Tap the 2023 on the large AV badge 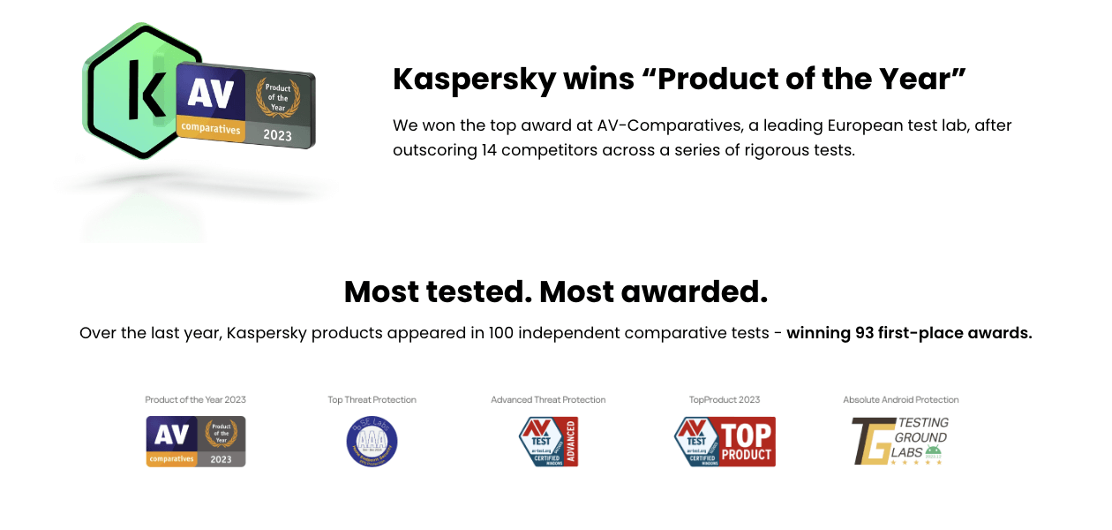277,136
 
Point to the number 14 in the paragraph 492,150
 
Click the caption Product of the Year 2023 196,400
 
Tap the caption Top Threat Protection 372,400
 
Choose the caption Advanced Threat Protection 548,400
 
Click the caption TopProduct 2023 725,400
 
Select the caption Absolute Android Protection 900,400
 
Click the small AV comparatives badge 196,442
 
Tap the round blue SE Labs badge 372,442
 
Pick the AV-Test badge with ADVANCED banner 548,442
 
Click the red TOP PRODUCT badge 725,442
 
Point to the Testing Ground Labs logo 900,442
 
